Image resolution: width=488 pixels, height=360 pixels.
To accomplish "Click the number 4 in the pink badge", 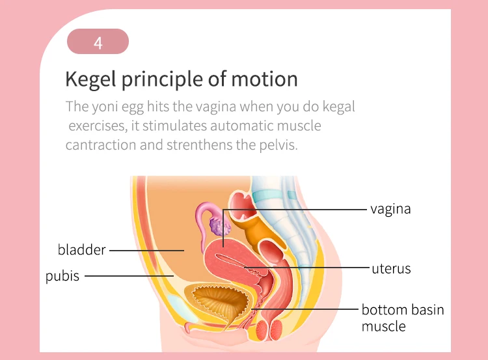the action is (98, 44).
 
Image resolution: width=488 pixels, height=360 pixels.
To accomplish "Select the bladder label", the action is (81, 249).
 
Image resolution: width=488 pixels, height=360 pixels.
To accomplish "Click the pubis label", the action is (62, 276).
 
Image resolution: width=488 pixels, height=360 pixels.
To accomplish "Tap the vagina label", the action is (390, 209).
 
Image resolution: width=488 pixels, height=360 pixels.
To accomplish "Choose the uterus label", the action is (391, 268).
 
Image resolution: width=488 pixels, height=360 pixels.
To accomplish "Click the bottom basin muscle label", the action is (402, 317).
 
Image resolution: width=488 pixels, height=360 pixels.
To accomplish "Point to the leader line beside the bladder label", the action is (146, 249).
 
